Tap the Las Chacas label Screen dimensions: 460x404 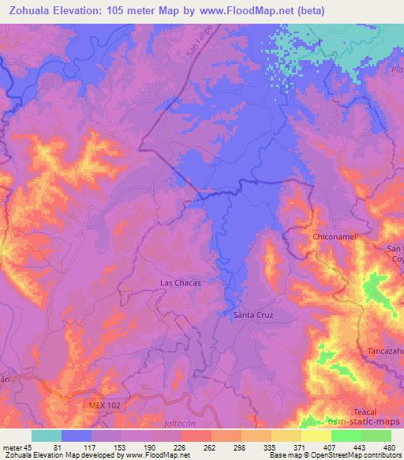click(181, 282)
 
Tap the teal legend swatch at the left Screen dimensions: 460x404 click(47, 435)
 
